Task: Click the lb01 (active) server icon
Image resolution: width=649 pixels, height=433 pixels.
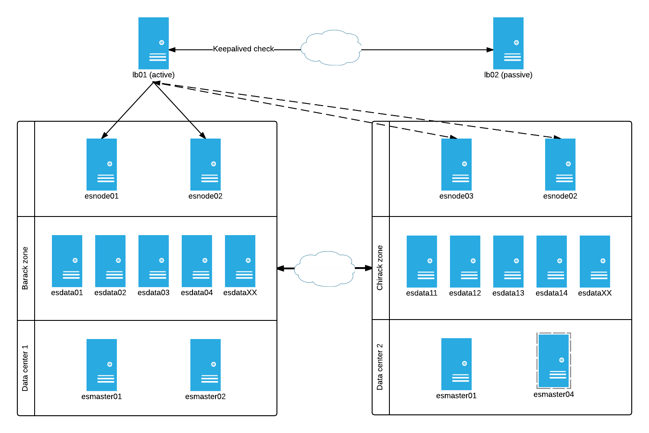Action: pos(154,43)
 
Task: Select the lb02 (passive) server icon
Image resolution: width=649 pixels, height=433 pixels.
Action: pos(508,43)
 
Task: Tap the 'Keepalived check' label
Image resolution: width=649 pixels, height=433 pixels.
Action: pos(243,49)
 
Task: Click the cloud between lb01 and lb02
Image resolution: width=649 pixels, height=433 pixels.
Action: pos(331,48)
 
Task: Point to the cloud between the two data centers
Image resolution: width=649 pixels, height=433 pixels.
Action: pos(324,268)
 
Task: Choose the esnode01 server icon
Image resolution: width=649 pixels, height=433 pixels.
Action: pos(102,165)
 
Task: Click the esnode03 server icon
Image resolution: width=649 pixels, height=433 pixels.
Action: pos(456,165)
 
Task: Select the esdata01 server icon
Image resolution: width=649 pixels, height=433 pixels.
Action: pos(67,261)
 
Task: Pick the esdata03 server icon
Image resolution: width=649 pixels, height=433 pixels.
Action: pos(154,261)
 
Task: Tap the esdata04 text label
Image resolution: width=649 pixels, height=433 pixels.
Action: pos(197,293)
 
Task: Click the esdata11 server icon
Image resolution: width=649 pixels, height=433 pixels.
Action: pos(422,262)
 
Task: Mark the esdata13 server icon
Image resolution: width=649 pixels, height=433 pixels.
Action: pos(508,262)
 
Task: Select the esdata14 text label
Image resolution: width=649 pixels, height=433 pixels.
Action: pos(552,293)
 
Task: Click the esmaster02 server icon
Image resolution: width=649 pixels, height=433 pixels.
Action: pos(206,365)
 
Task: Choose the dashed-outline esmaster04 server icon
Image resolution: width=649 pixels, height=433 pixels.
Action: pos(554,361)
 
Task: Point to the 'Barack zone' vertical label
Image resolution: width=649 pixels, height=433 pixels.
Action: pos(25,268)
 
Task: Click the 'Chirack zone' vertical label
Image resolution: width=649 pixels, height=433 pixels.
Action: pos(380,268)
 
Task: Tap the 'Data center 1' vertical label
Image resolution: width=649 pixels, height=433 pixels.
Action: pos(25,368)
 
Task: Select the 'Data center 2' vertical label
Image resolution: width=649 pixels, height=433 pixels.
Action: pos(380,367)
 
